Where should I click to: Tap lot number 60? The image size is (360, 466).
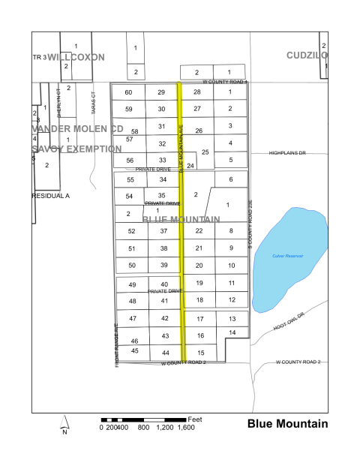(x=128, y=92)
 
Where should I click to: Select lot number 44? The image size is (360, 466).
(x=166, y=353)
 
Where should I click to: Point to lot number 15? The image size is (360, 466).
(x=200, y=353)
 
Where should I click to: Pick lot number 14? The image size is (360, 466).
(x=232, y=332)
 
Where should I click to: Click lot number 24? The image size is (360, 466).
(x=190, y=165)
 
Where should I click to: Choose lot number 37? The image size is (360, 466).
(x=163, y=231)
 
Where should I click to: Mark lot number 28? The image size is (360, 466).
(x=197, y=92)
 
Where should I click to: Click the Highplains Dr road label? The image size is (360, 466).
(x=288, y=153)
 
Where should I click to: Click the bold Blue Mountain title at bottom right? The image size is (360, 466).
(x=287, y=424)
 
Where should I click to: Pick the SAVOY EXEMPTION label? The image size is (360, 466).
(x=76, y=149)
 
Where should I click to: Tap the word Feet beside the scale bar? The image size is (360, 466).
(x=196, y=418)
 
